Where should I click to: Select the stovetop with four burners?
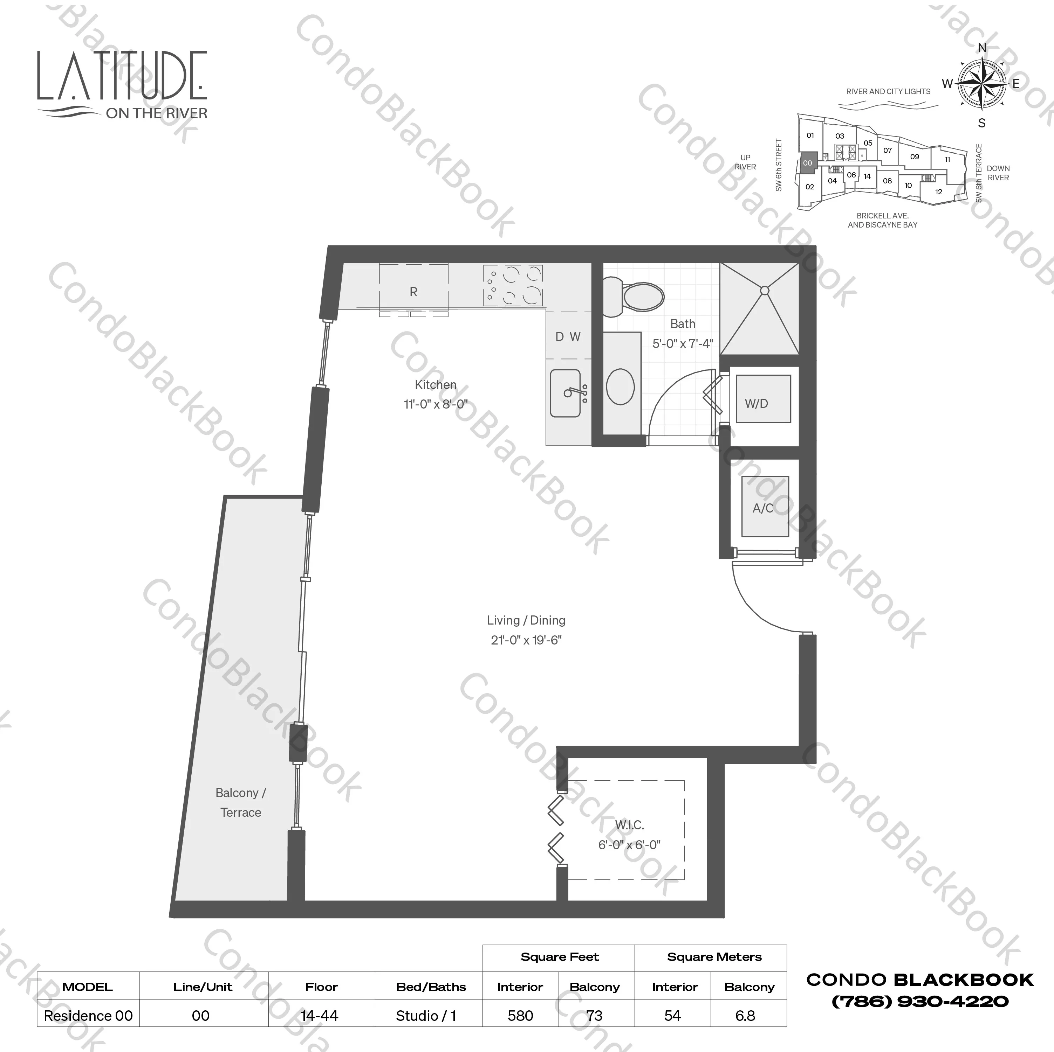coord(513,285)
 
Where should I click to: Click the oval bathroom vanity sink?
coord(620,386)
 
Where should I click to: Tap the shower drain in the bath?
coord(764,291)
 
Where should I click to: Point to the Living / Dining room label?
coord(526,620)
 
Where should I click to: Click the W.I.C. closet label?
coord(630,825)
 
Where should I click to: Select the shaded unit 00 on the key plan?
coord(807,163)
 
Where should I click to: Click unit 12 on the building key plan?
coord(938,192)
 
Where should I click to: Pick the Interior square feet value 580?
coord(520,1016)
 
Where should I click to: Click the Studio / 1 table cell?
coord(426,1016)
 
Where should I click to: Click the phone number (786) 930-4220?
coord(920,1001)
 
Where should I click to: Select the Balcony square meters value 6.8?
coord(745,1016)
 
